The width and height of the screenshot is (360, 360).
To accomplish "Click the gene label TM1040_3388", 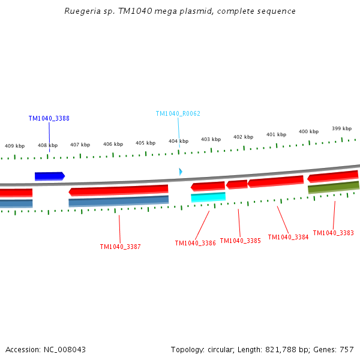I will coord(49,118).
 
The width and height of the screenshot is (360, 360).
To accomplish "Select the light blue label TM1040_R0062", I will coord(178,113).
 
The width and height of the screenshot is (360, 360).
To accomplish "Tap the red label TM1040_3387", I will coord(120,247).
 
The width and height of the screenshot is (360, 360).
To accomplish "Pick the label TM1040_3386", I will coord(195,243).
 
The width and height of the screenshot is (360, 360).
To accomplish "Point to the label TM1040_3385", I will coord(240,241).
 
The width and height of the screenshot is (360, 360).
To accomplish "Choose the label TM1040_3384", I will coord(288,237).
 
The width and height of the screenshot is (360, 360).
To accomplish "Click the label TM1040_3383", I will coord(333,233).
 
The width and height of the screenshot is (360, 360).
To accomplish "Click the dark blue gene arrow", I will coord(49,176).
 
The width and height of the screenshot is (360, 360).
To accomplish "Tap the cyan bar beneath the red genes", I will coord(208,197).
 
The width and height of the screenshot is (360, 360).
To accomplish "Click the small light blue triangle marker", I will coord(180,172).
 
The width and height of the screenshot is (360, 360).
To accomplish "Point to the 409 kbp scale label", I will coord(15,146).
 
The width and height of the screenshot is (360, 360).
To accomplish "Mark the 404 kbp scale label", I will coord(178,141).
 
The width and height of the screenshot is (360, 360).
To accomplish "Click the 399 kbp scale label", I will coord(341,128).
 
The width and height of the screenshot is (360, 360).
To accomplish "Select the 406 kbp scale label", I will coord(113,144).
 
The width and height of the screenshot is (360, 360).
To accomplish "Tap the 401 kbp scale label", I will coord(276,134).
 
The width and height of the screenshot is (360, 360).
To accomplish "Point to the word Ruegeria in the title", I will coord(82,11).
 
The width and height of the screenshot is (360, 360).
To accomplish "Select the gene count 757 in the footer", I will coord(347,349).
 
